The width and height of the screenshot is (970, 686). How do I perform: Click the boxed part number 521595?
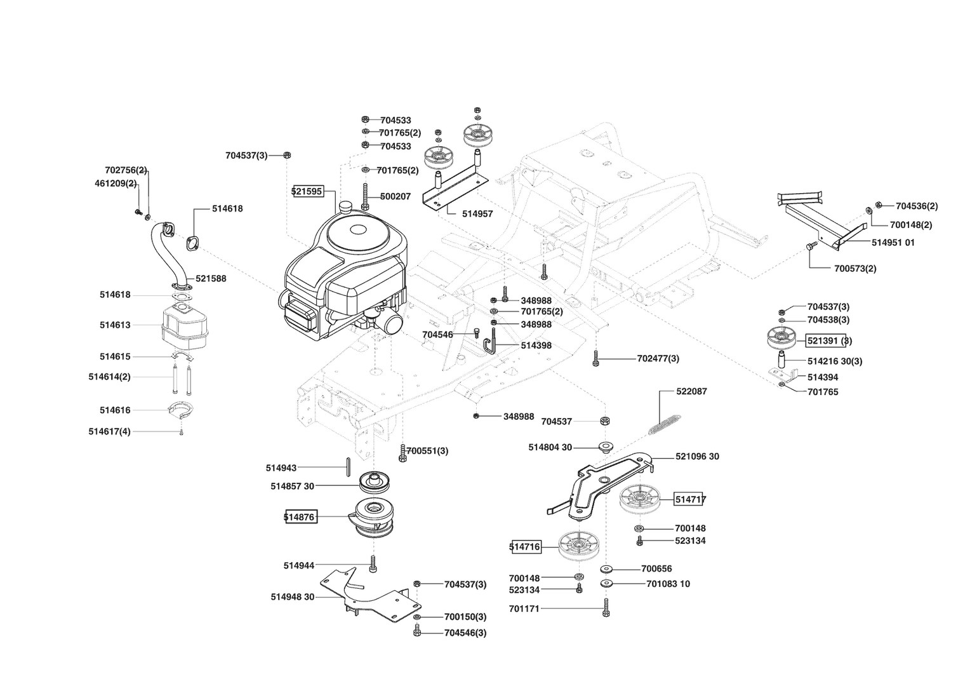[308, 191]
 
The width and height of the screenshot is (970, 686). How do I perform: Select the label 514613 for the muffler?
[115, 325]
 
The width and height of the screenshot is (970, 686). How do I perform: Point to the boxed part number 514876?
[300, 517]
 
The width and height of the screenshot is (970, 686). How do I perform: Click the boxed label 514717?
[690, 500]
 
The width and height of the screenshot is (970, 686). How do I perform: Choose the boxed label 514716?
[525, 546]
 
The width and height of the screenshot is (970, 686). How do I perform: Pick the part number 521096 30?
[697, 457]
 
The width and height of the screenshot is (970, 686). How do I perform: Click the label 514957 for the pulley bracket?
[477, 214]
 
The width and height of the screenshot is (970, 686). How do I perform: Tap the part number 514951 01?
[893, 243]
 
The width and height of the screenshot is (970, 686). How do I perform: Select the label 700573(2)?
[855, 269]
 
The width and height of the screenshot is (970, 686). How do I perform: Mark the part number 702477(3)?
[658, 359]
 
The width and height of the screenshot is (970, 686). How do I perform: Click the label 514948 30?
[292, 597]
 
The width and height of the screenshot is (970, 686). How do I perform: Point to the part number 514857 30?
[292, 487]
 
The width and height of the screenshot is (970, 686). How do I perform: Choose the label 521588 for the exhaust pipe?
[211, 279]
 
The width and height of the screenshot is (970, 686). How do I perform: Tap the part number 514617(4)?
[109, 432]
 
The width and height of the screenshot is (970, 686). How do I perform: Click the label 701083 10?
[668, 584]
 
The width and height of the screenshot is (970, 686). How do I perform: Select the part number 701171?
[524, 609]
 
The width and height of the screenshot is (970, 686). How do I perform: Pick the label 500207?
[395, 197]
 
